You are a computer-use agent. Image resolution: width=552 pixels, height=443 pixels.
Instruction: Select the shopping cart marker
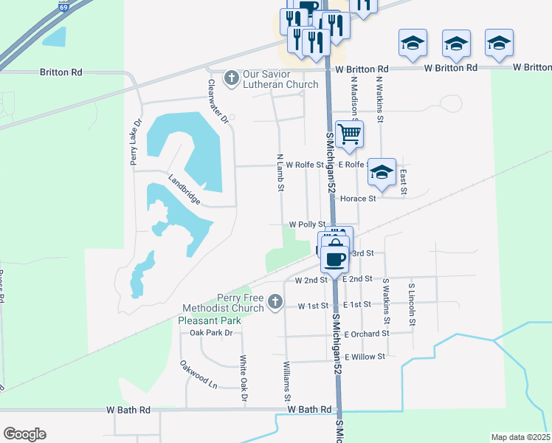click(349, 134)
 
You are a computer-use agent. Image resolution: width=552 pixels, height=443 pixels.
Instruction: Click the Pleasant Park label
click(210, 321)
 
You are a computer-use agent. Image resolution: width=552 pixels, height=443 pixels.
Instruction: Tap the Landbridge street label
click(184, 190)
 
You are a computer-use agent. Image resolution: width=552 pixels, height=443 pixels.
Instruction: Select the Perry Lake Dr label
click(136, 142)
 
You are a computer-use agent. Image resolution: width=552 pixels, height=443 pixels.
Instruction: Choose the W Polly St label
click(307, 224)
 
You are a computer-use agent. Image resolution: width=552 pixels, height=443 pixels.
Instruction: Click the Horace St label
click(357, 198)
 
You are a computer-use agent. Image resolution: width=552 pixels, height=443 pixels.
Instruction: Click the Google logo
click(24, 434)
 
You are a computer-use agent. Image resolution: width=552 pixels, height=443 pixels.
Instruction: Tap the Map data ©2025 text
click(520, 437)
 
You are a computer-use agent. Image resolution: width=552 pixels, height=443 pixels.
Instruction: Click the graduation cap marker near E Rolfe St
click(381, 172)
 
